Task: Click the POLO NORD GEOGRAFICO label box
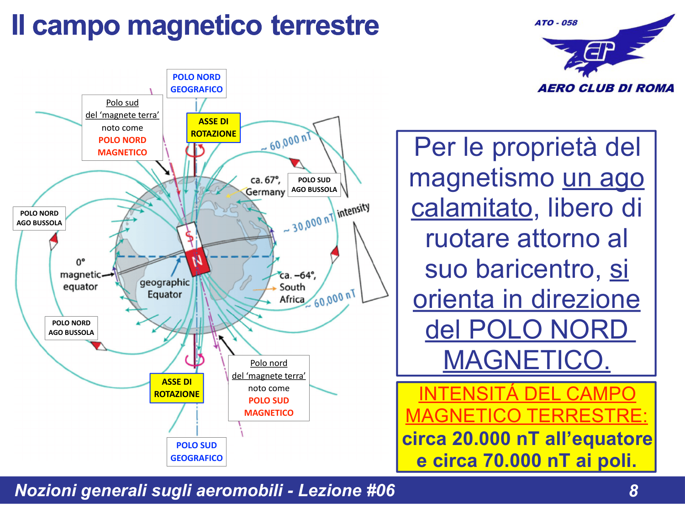[196, 84]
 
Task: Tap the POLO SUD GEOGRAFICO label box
[196, 451]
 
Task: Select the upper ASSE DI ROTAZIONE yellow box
[213, 128]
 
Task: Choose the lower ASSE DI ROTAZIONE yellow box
[177, 388]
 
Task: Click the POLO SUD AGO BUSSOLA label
[314, 185]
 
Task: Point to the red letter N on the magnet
[197, 261]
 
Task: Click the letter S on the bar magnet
[189, 236]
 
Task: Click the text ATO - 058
[556, 23]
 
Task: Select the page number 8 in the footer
[633, 491]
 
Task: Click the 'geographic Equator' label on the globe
[164, 288]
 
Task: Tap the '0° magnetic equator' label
[80, 275]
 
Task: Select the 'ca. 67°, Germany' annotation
[265, 186]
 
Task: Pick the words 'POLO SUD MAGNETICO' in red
[269, 407]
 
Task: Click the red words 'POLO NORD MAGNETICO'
[122, 146]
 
